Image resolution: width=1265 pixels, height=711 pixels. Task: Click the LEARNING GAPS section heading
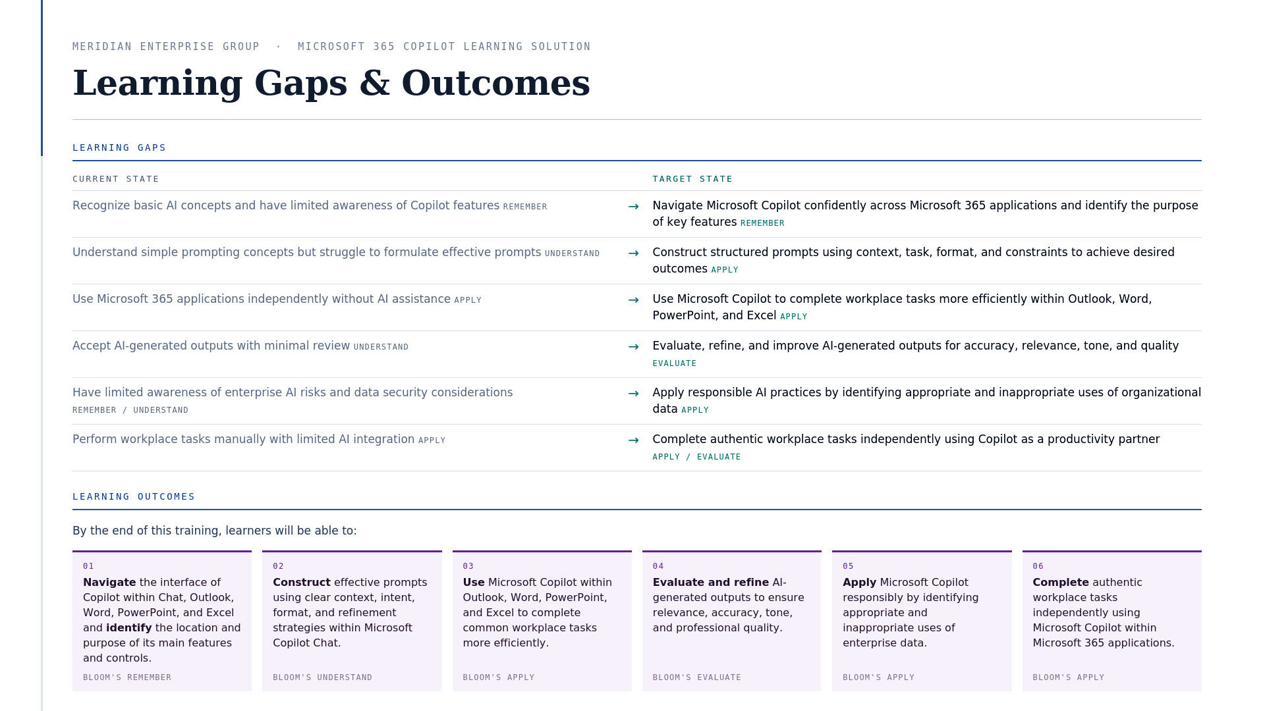click(119, 147)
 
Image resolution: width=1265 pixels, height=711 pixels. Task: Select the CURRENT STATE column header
click(116, 179)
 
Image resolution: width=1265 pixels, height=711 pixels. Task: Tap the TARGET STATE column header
click(692, 179)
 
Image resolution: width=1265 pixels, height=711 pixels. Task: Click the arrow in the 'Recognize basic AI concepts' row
click(634, 207)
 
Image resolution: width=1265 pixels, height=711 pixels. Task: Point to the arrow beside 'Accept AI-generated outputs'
click(634, 347)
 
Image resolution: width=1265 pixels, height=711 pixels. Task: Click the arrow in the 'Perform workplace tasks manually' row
click(634, 440)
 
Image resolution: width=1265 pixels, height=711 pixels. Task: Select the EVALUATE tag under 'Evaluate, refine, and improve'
click(675, 363)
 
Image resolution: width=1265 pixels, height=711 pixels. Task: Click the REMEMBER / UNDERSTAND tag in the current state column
click(130, 410)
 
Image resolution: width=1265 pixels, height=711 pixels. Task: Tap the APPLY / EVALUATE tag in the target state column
click(696, 457)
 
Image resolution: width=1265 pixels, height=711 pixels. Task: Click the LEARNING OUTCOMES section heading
click(134, 496)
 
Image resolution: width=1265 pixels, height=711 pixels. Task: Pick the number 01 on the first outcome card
click(88, 566)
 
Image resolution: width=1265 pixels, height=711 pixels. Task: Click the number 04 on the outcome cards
click(658, 566)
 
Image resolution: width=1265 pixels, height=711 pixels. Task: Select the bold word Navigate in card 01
click(109, 583)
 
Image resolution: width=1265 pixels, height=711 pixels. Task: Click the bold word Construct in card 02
click(302, 583)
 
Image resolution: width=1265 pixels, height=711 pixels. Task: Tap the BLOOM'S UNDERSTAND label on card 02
click(323, 677)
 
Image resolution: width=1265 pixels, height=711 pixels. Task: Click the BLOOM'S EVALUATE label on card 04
click(697, 677)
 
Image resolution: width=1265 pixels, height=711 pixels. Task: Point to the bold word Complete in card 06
click(1061, 583)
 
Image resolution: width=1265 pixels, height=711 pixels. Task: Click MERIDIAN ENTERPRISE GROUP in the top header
click(166, 47)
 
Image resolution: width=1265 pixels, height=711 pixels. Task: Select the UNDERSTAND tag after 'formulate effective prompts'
click(573, 253)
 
